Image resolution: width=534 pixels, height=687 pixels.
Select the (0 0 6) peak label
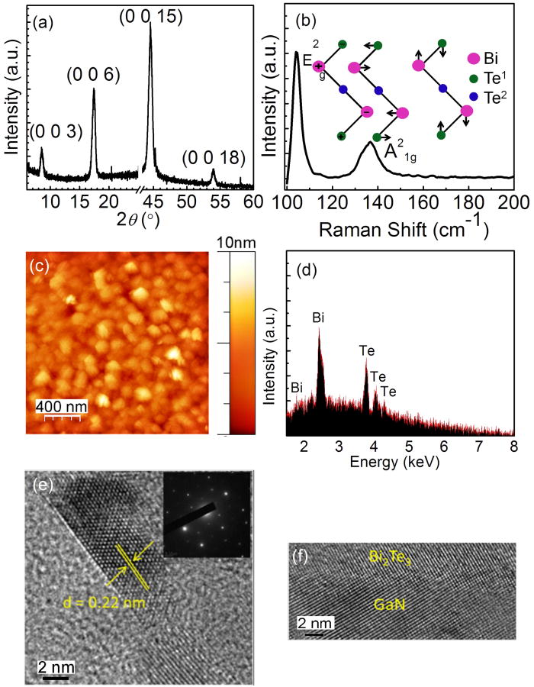click(x=94, y=75)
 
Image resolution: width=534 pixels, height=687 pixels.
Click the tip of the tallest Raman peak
click(x=297, y=53)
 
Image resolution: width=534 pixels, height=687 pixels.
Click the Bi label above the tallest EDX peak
click(x=319, y=317)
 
